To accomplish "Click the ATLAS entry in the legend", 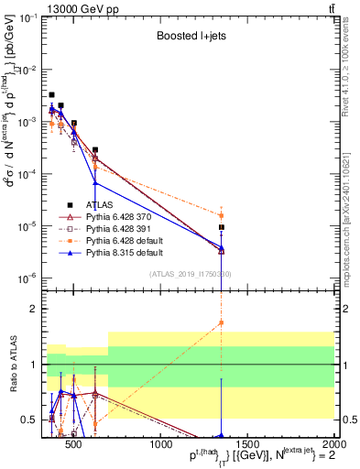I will (100, 204).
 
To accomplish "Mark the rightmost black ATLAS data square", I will (222, 227).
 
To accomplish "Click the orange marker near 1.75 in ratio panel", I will (222, 322).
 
